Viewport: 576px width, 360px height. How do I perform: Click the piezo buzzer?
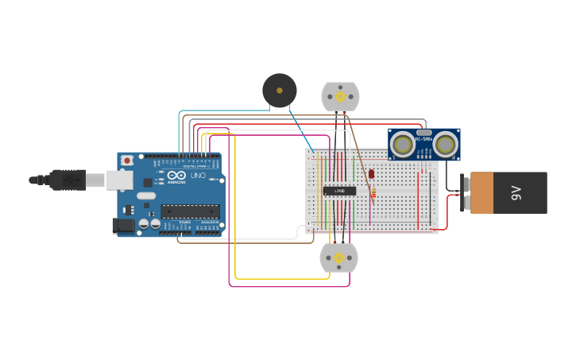click(280, 91)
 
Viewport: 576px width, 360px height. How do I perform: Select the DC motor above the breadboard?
click(340, 97)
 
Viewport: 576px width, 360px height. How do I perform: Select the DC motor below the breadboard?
click(338, 257)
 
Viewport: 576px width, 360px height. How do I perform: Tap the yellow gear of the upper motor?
click(340, 97)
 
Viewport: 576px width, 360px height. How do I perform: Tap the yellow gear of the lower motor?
click(338, 257)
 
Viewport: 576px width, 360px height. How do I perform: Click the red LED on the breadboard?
click(371, 173)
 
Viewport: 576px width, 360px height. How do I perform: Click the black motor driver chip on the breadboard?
click(339, 191)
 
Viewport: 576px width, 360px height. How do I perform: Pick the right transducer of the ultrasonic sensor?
click(445, 145)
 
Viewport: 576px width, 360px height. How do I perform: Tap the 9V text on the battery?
click(516, 192)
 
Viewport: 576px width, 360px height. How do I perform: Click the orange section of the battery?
click(481, 193)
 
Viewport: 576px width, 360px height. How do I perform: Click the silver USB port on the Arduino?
click(120, 180)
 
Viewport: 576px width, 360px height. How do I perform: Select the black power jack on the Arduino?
click(124, 225)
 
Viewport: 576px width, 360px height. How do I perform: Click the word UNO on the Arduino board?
click(198, 176)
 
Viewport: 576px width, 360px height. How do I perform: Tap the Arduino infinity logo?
click(176, 175)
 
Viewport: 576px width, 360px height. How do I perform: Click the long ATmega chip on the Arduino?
click(190, 211)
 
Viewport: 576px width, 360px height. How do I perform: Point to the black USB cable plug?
click(67, 180)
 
